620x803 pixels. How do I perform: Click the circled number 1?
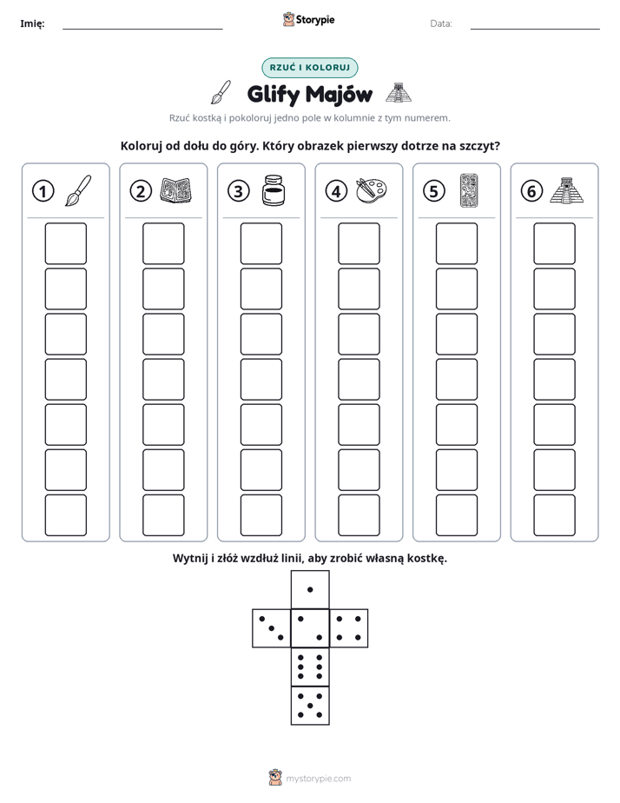click(43, 191)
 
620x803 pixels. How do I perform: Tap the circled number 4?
click(336, 191)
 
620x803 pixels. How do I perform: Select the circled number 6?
click(531, 191)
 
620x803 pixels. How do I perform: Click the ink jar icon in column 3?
click(274, 190)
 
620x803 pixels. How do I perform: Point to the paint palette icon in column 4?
click(371, 190)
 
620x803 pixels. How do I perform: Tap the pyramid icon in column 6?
click(567, 190)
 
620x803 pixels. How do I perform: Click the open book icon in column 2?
click(176, 190)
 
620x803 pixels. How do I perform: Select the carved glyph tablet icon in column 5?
click(469, 190)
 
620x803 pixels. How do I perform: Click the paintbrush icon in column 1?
click(78, 190)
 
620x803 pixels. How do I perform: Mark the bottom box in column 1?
click(65, 515)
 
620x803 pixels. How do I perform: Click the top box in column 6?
click(555, 243)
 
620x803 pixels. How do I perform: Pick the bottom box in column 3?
click(261, 515)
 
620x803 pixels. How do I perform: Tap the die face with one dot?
click(310, 589)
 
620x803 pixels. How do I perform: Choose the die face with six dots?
click(310, 667)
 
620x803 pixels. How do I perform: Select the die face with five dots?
click(310, 705)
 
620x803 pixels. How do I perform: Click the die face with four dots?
click(349, 628)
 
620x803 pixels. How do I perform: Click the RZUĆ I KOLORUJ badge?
click(310, 68)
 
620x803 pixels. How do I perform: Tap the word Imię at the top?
click(32, 23)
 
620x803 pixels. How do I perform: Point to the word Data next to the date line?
click(441, 23)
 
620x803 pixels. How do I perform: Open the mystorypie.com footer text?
click(318, 779)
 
